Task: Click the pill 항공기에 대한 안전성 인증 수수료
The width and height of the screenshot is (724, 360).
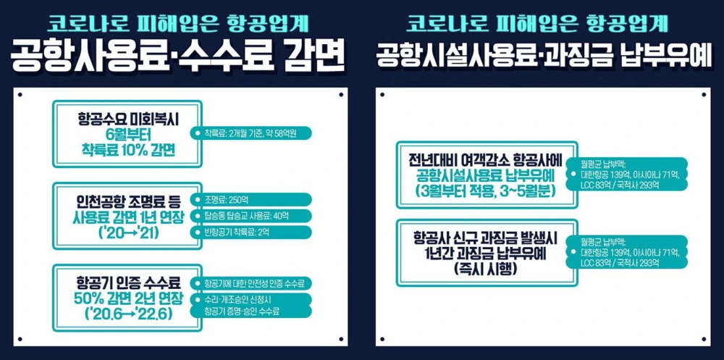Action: pyautogui.click(x=253, y=282)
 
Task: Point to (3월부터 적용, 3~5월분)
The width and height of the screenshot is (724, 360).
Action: pyautogui.click(x=482, y=191)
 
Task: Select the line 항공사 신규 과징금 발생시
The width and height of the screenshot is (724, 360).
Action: pyautogui.click(x=482, y=238)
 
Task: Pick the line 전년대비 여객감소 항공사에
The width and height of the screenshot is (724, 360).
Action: pyautogui.click(x=482, y=159)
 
